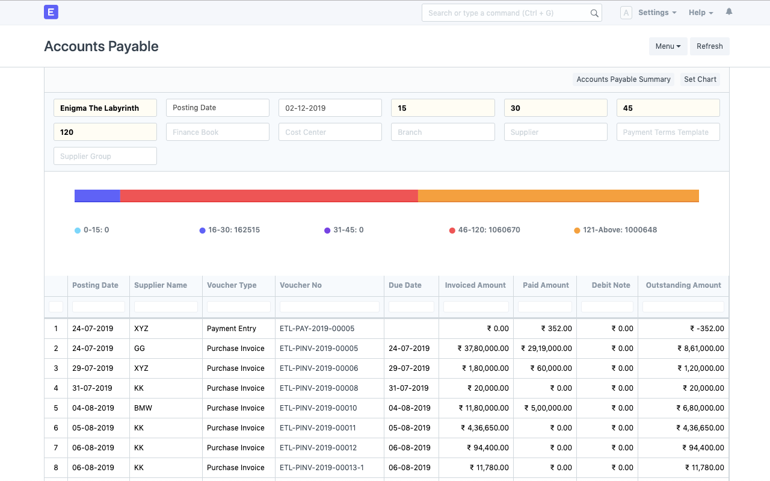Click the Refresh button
point(709,46)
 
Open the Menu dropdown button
point(668,46)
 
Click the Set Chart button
point(700,79)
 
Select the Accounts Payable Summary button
point(623,79)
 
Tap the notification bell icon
point(729,12)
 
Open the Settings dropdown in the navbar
point(657,13)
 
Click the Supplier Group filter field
point(105,156)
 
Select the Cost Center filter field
point(330,132)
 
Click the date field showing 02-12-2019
point(330,108)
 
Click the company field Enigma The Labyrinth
point(105,108)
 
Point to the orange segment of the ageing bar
point(558,196)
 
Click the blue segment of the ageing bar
point(97,196)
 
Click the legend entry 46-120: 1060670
point(488,230)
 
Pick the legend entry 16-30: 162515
point(233,230)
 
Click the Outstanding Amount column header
point(683,285)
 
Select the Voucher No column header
point(301,285)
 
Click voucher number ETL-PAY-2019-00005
point(317,329)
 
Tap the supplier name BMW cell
point(143,408)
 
